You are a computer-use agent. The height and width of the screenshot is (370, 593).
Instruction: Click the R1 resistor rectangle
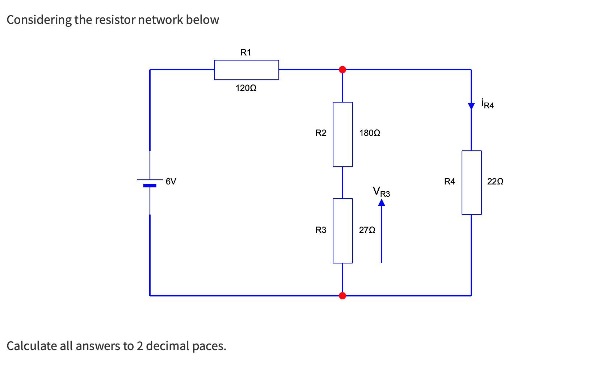pyautogui.click(x=246, y=70)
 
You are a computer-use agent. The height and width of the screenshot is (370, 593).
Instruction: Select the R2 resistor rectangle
pyautogui.click(x=342, y=134)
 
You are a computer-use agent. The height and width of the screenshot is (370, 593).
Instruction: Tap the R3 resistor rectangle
pyautogui.click(x=342, y=231)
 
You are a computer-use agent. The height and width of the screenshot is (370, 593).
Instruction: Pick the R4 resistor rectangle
pyautogui.click(x=471, y=183)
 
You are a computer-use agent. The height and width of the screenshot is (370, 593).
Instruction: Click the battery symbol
pyautogui.click(x=150, y=183)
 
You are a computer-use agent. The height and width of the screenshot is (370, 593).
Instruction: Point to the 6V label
pyautogui.click(x=171, y=182)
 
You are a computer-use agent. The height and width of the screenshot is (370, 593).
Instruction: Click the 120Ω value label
pyautogui.click(x=246, y=88)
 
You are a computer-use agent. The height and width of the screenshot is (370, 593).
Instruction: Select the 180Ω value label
pyautogui.click(x=370, y=133)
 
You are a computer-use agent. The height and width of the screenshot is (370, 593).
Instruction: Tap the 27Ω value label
pyautogui.click(x=367, y=230)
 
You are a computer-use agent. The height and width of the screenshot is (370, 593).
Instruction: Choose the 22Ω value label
pyautogui.click(x=495, y=182)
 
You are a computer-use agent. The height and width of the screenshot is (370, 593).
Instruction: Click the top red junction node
pyautogui.click(x=342, y=70)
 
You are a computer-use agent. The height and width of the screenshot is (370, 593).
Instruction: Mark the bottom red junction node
pyautogui.click(x=342, y=296)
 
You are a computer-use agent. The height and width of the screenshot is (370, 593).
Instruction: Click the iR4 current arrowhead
pyautogui.click(x=471, y=106)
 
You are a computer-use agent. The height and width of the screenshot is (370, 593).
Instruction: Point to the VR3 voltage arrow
pyautogui.click(x=382, y=232)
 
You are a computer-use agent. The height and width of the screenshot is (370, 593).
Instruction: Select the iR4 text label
pyautogui.click(x=488, y=104)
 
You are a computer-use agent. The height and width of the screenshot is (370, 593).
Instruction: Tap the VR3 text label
pyautogui.click(x=382, y=192)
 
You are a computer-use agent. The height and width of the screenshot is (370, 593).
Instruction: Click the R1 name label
pyautogui.click(x=245, y=53)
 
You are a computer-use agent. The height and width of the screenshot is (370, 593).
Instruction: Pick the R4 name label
pyautogui.click(x=450, y=182)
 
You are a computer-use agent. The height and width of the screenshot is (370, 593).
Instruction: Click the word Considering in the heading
pyautogui.click(x=39, y=20)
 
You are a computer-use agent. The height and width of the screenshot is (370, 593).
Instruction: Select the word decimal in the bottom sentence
pyautogui.click(x=167, y=346)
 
